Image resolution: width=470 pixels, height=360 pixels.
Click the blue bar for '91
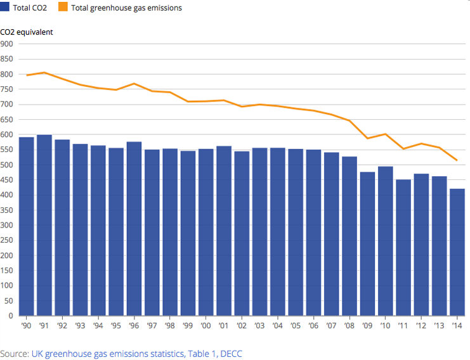click(44, 225)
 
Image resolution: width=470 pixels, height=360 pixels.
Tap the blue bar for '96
click(134, 228)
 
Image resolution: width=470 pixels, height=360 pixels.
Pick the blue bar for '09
click(367, 243)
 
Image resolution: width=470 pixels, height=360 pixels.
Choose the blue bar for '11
click(403, 247)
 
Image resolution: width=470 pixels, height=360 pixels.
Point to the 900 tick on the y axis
click(7, 44)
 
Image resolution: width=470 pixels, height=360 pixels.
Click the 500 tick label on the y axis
click(7, 165)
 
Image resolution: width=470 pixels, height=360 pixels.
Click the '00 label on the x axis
click(206, 326)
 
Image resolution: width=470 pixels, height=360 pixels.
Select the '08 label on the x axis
click(349, 326)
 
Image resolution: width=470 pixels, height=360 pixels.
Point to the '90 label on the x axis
click(27, 326)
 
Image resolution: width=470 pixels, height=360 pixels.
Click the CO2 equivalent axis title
click(27, 32)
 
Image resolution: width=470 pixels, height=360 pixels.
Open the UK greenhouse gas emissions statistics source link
click(136, 353)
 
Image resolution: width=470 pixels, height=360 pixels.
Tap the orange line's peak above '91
click(44, 72)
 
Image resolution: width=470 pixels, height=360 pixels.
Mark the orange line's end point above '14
click(457, 160)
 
